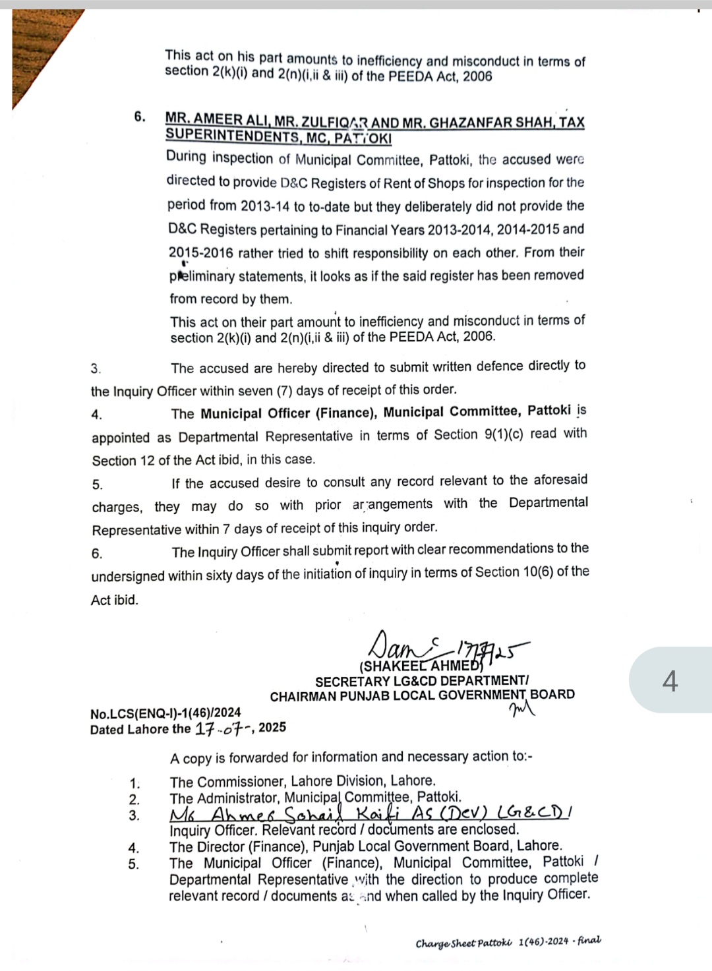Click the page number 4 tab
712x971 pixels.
(x=670, y=680)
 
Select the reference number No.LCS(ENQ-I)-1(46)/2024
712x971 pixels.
(x=165, y=713)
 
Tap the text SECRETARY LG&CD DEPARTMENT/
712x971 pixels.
(x=421, y=681)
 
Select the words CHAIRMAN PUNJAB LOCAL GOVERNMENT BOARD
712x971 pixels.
(x=422, y=695)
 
